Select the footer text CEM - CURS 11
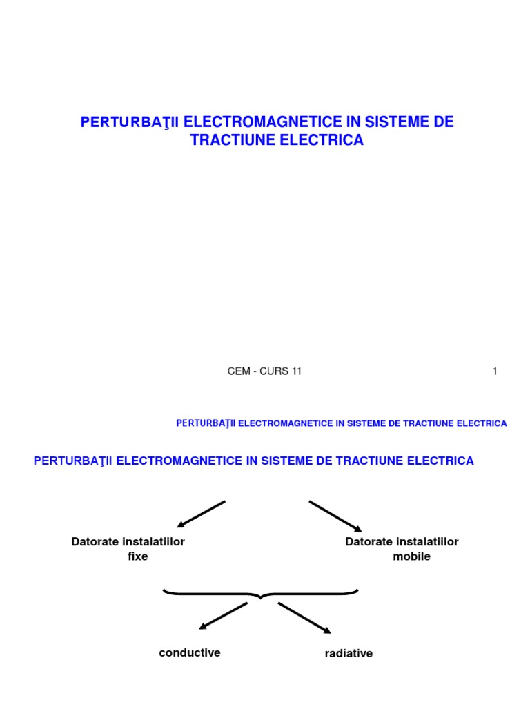point(265,371)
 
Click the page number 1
point(495,371)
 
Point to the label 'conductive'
point(190,652)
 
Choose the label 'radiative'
point(349,653)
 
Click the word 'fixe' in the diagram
point(138,556)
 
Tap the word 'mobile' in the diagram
point(411,556)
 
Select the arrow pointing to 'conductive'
point(223,616)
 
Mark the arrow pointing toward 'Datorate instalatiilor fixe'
point(201,514)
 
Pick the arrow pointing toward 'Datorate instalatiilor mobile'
point(335,516)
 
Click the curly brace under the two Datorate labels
point(261,593)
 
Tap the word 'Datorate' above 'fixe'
point(97,542)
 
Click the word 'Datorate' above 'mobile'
point(371,542)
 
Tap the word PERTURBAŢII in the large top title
point(130,123)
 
